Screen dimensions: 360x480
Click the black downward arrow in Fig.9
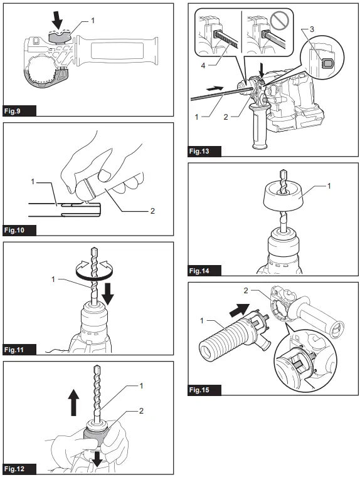pos(56,21)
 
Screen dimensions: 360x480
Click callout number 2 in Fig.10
pos(152,211)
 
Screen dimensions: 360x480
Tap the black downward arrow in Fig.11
pos(107,293)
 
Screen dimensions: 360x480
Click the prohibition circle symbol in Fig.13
pos(280,21)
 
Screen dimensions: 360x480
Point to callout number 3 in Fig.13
pos(312,29)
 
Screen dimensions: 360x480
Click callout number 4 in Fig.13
pos(203,66)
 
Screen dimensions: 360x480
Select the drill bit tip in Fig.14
pos(283,174)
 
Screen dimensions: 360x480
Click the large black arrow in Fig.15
pos(240,311)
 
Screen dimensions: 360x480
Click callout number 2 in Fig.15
pos(245,291)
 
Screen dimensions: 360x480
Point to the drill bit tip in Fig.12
pos(97,368)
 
